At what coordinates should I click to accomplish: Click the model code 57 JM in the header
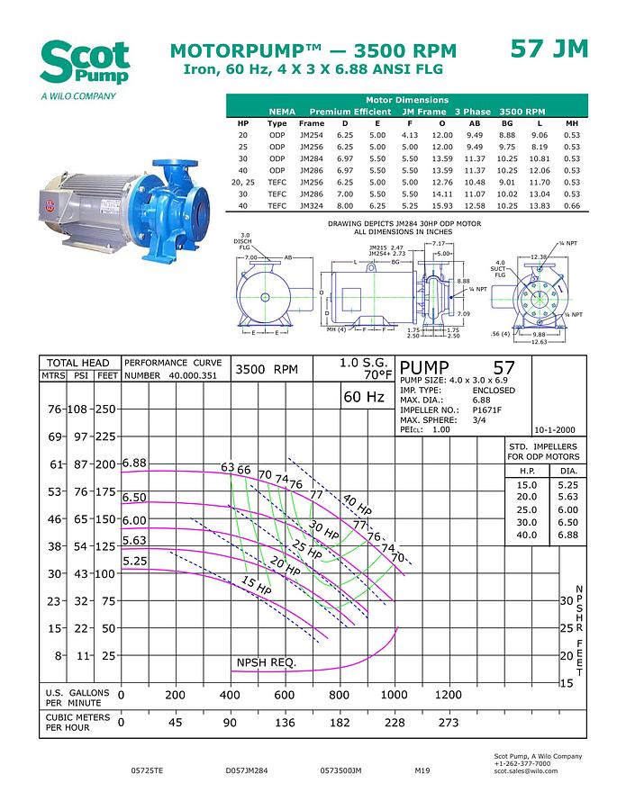[549, 49]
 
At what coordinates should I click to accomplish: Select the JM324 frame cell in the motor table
[311, 205]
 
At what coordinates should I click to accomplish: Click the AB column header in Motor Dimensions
[475, 123]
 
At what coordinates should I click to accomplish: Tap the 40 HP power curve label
[357, 504]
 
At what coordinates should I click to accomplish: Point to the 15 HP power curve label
[257, 586]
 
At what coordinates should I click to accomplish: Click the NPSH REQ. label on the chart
[266, 663]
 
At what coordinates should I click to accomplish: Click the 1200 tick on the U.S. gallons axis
[449, 695]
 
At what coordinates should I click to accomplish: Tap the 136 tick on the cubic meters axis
[284, 722]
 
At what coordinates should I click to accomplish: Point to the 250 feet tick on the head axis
[106, 409]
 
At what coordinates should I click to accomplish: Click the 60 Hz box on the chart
[364, 397]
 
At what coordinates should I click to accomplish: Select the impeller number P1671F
[488, 409]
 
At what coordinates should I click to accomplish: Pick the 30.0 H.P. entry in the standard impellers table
[527, 522]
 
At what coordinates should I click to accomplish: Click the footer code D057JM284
[247, 771]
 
